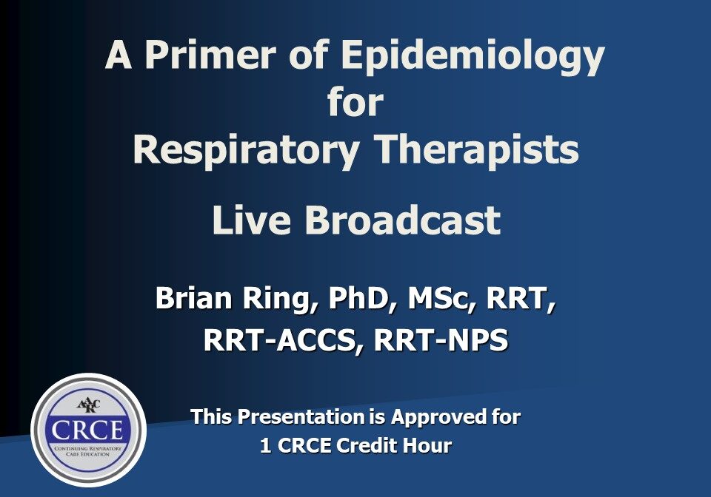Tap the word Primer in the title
pos(210,54)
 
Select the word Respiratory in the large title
pos(247,151)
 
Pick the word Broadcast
pos(403,220)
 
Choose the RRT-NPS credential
pos(441,339)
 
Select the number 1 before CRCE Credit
pos(266,445)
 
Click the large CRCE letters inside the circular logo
pos(87,429)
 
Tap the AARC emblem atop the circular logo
pos(89,405)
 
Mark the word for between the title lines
pos(355,102)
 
